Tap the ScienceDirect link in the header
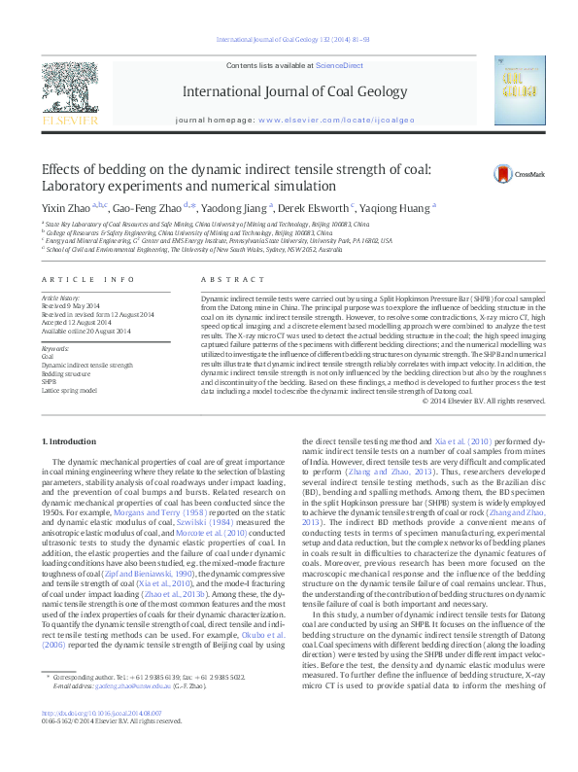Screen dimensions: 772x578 click(x=339, y=64)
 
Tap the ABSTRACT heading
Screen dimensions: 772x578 click(x=220, y=279)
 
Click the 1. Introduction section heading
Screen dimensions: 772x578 click(x=70, y=442)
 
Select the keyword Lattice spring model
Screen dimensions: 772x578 click(x=70, y=389)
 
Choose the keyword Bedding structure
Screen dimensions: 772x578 click(x=66, y=373)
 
